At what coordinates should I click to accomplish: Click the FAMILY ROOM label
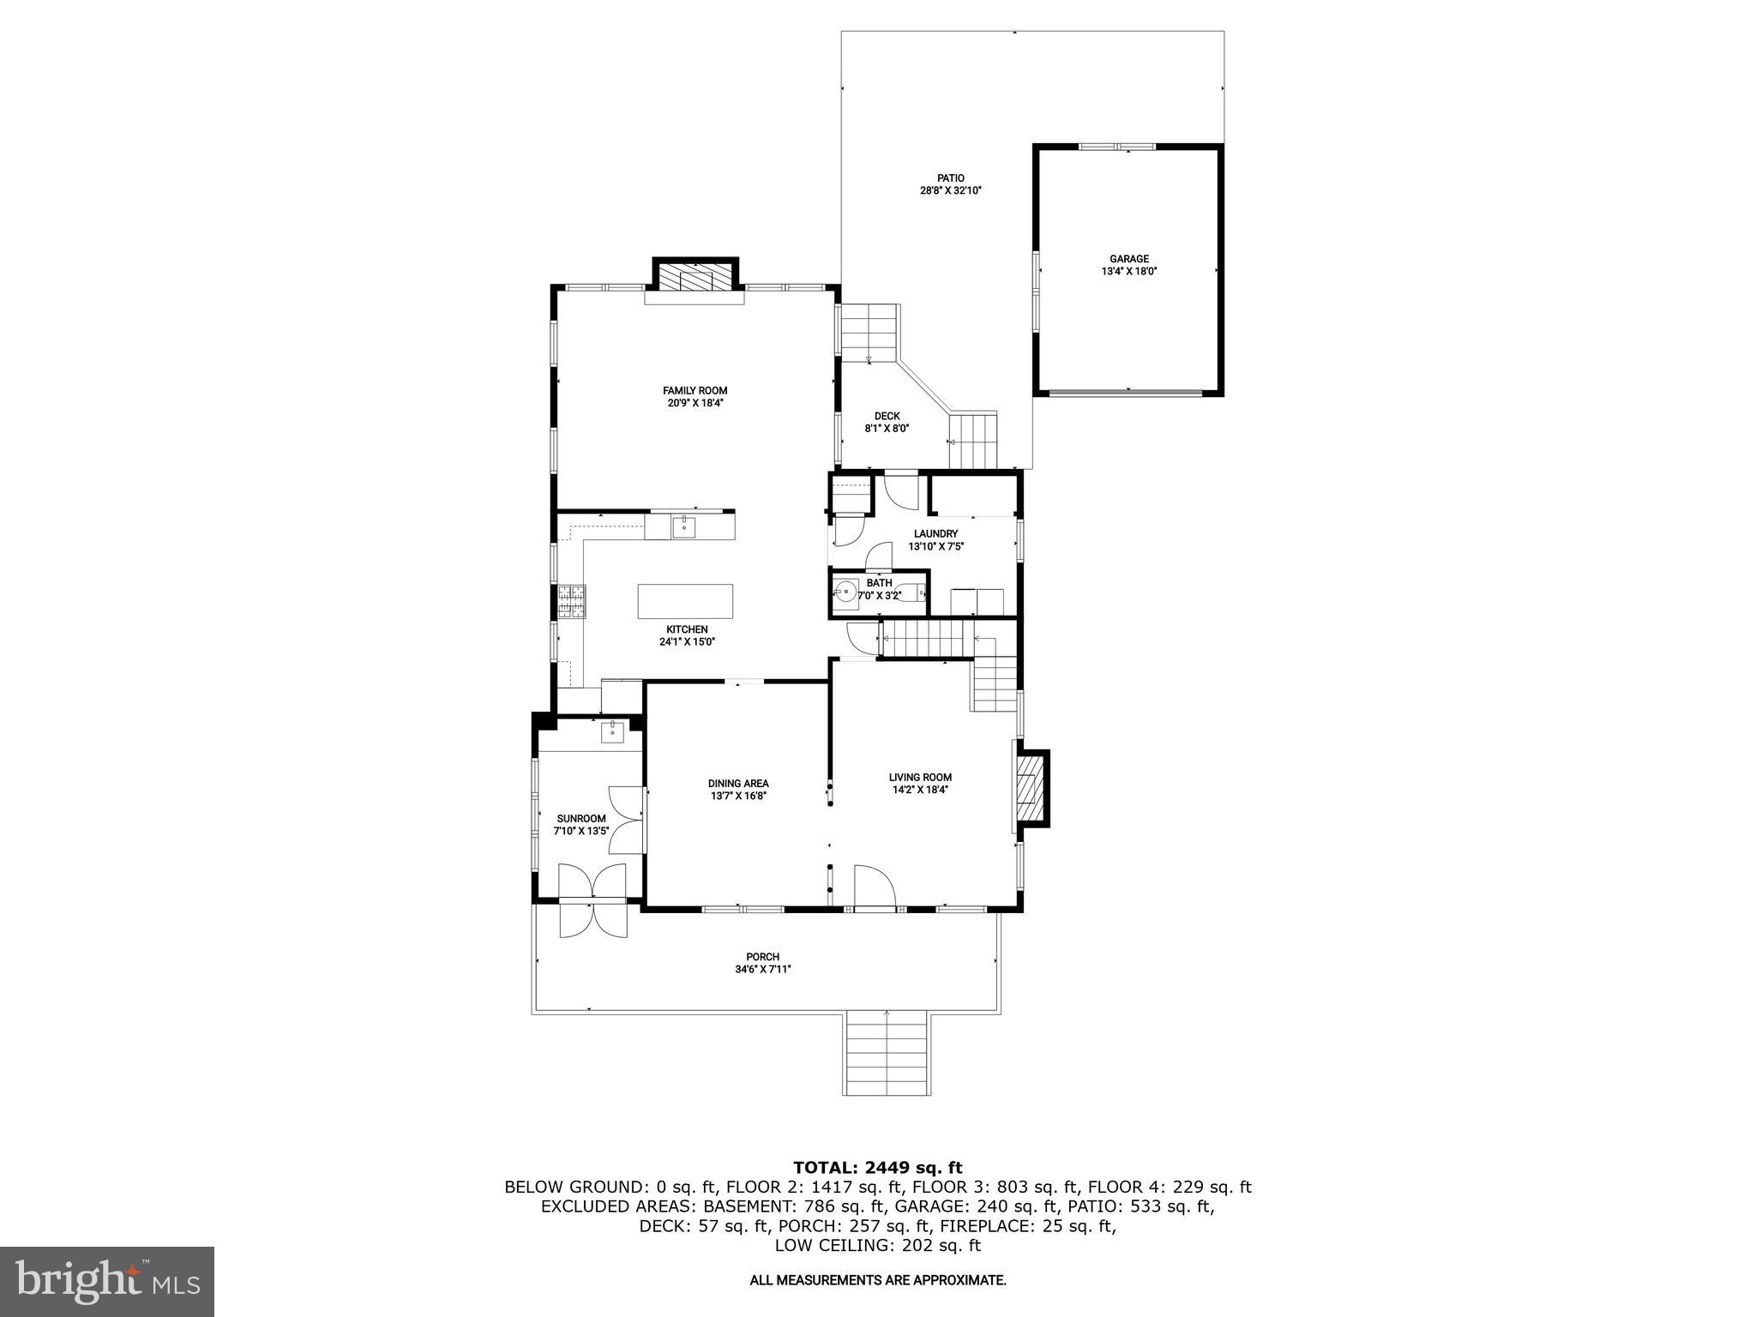pos(695,391)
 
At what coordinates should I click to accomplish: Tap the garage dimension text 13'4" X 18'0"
pos(1128,271)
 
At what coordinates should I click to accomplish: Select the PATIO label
pos(950,178)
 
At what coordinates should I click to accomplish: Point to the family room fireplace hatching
pos(695,278)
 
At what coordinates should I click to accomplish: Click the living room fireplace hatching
pos(1028,788)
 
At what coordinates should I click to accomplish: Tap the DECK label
pos(887,416)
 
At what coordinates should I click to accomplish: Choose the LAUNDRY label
pos(935,533)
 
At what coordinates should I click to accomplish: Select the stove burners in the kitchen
pos(571,601)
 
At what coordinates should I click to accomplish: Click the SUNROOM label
pos(581,818)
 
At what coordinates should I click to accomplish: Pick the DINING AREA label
pos(738,783)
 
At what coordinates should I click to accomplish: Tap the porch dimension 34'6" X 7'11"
pos(762,969)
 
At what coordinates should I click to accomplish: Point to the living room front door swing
pos(875,886)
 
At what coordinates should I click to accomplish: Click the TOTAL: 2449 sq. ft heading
pos(877,1167)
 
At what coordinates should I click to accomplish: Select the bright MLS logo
pos(107,1282)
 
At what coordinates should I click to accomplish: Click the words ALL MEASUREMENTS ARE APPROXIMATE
pos(877,1280)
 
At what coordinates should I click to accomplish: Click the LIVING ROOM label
pos(920,778)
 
